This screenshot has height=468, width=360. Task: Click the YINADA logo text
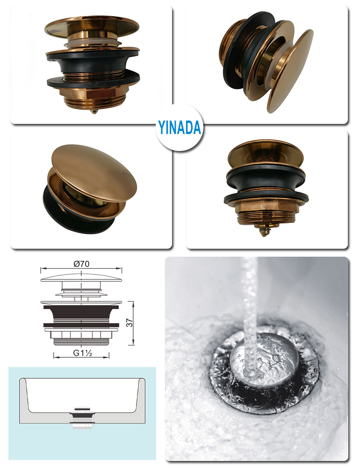point(180,128)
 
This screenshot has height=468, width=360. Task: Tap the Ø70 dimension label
point(81,264)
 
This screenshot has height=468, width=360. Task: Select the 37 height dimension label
point(129,323)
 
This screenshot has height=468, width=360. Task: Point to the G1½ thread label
point(82,353)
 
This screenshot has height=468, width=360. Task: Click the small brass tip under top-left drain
point(94,112)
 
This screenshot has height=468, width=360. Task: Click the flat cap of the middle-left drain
point(94,170)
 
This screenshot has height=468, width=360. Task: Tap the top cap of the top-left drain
point(92,26)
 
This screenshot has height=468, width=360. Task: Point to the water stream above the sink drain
point(250,313)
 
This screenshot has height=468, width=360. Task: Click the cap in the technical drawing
point(81,278)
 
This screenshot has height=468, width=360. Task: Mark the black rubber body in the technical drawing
point(81,316)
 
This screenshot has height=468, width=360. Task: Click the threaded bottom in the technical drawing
point(81,342)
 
